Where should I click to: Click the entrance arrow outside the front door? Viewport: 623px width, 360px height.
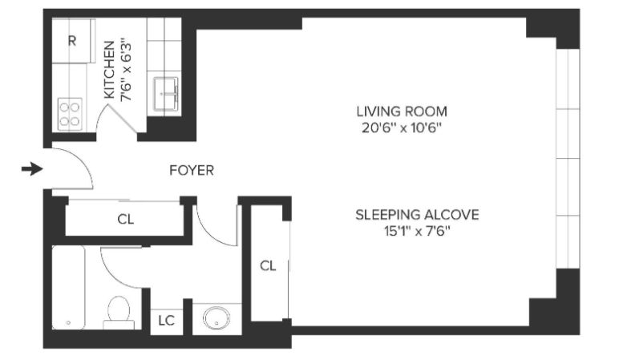32,170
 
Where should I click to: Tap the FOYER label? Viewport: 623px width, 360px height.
192,171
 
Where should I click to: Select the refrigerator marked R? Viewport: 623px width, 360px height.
73,41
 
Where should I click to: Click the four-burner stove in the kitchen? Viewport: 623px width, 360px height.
70,114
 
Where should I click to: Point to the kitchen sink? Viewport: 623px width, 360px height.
166,94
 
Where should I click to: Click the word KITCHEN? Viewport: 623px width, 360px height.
109,70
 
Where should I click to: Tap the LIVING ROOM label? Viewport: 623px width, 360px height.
402,111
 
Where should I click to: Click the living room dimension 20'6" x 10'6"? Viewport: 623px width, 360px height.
402,128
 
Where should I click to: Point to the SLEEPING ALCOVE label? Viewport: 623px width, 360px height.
417,215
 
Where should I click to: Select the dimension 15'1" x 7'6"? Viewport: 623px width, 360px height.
417,231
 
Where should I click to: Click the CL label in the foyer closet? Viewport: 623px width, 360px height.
126,220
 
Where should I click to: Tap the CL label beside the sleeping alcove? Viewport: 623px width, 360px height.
268,266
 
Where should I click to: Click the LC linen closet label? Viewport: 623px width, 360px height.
167,321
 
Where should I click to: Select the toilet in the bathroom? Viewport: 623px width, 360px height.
119,313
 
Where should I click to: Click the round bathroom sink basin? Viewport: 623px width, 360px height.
216,317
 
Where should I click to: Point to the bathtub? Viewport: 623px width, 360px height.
68,287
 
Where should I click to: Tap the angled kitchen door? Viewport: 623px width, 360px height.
122,119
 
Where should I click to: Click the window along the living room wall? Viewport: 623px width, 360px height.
568,159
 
